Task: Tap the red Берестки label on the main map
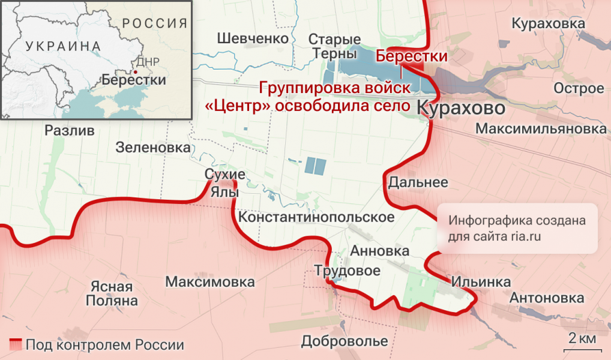click(x=412, y=56)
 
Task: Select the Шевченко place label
click(x=253, y=38)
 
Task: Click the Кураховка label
click(x=548, y=23)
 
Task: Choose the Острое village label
click(x=579, y=89)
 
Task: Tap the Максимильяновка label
click(x=540, y=129)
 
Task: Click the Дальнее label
click(x=418, y=182)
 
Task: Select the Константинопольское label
click(x=316, y=217)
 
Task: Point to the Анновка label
click(x=379, y=251)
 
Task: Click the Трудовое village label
click(x=348, y=271)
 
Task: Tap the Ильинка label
click(x=481, y=281)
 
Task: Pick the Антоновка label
click(x=546, y=298)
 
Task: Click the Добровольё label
click(x=345, y=341)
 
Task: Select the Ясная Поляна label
click(x=112, y=293)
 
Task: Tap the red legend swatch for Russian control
click(x=16, y=345)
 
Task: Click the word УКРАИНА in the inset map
click(x=63, y=46)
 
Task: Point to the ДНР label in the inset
click(x=148, y=62)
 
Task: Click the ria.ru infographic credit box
click(x=517, y=228)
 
